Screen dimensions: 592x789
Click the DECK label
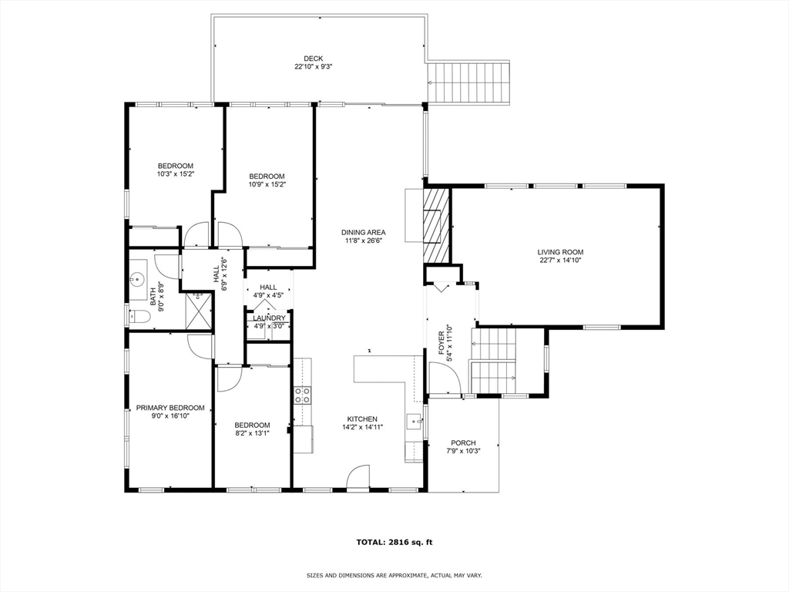point(313,59)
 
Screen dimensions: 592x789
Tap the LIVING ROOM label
point(560,252)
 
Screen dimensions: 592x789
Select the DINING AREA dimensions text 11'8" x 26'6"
point(364,240)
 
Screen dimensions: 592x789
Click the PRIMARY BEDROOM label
point(170,408)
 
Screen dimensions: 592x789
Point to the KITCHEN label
point(362,419)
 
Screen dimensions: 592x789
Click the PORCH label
point(463,442)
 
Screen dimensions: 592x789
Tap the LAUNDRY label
point(269,318)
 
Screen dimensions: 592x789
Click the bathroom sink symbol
point(139,278)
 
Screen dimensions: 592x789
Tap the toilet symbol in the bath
point(139,316)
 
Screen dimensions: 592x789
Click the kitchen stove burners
point(303,395)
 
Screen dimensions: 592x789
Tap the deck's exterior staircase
point(468,82)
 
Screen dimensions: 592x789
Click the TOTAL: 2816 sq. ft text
point(394,542)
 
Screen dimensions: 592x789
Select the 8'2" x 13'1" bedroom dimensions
point(252,433)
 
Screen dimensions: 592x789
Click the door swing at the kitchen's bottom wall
point(358,479)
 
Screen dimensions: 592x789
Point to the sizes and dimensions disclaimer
point(394,575)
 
